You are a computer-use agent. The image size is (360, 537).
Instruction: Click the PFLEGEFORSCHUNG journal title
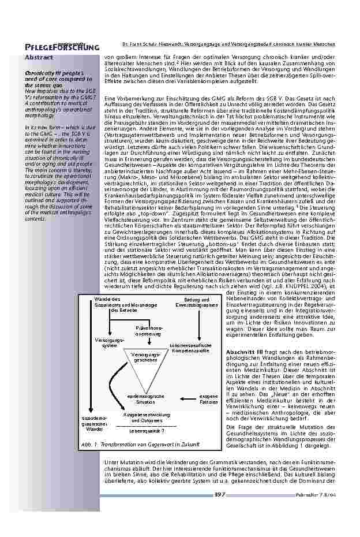tap(62, 47)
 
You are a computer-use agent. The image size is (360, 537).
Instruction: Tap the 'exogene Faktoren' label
tap(208, 400)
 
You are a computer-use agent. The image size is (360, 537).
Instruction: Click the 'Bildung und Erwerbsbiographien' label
tap(196, 303)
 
